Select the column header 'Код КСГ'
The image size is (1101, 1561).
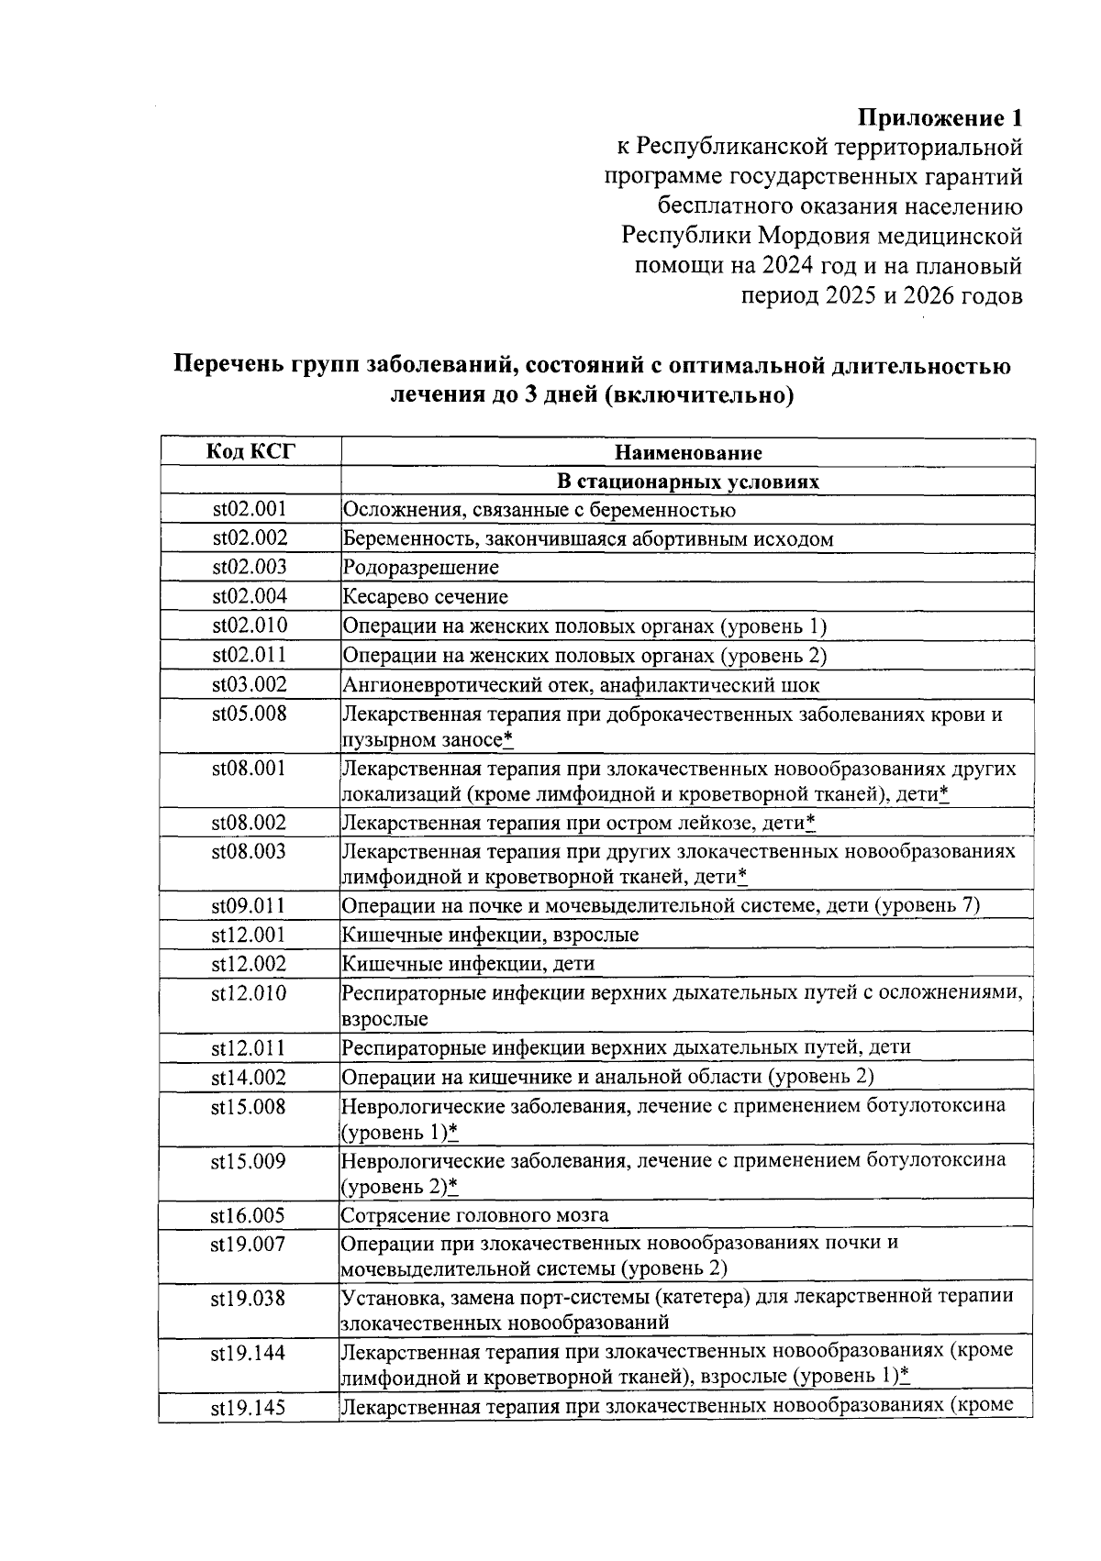[250, 451]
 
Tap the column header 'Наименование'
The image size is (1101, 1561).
[687, 452]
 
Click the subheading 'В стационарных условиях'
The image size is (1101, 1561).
[687, 482]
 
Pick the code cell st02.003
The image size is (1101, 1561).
[250, 567]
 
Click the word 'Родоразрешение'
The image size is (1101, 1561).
[421, 568]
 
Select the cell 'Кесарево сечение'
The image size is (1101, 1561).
[425, 597]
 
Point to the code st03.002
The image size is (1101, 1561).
[250, 684]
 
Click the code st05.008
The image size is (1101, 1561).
[250, 714]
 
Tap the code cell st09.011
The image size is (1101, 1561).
[250, 906]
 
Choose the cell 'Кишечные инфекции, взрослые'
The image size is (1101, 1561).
[490, 935]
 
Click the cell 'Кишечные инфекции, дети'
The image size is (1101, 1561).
[468, 964]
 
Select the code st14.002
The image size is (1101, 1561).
[250, 1078]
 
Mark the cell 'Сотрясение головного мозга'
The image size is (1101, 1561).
[474, 1215]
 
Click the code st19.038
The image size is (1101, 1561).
[250, 1299]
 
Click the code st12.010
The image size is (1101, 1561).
[250, 993]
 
